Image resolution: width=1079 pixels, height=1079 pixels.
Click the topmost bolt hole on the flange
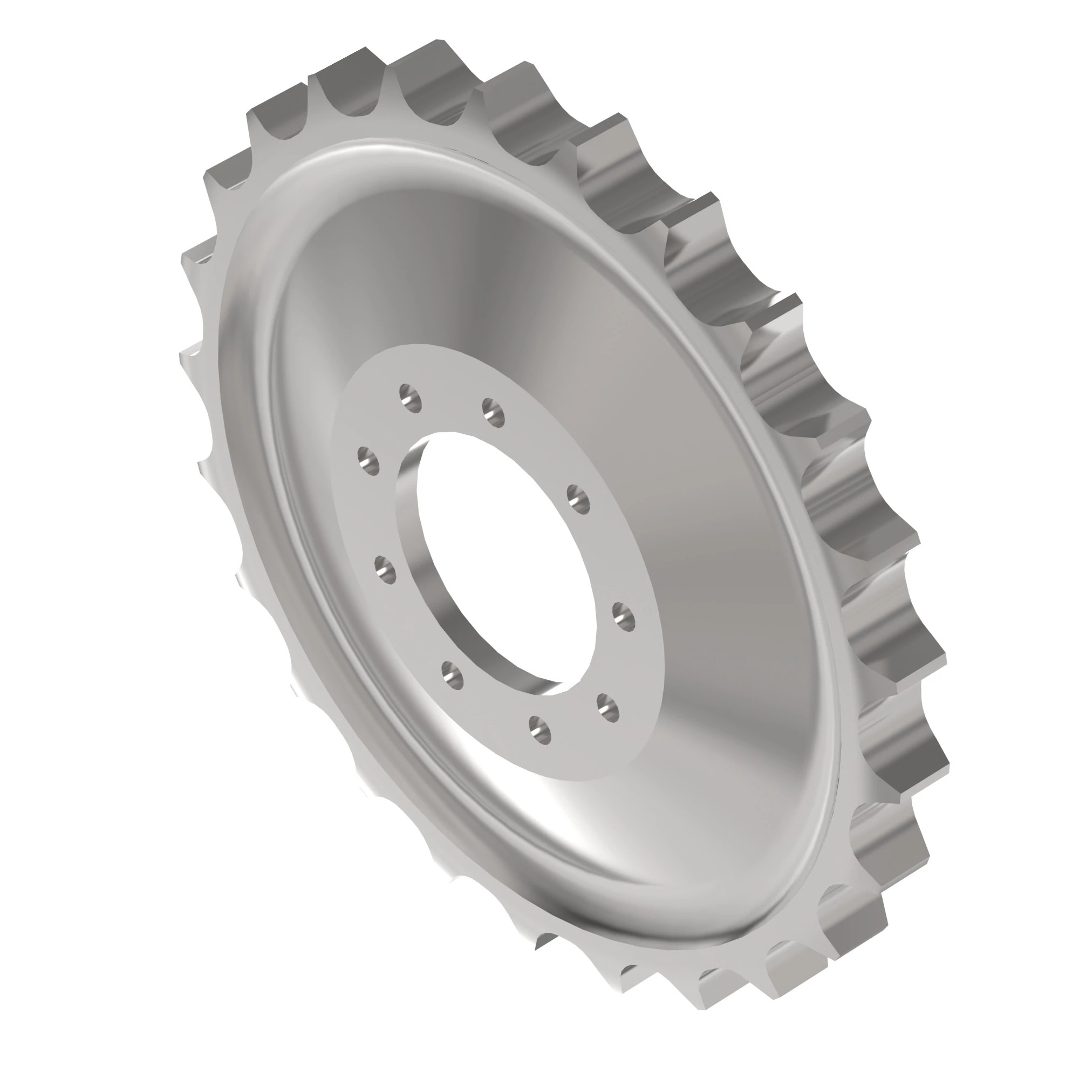(411, 398)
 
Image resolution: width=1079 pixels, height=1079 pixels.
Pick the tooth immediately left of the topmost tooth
(366, 49)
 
